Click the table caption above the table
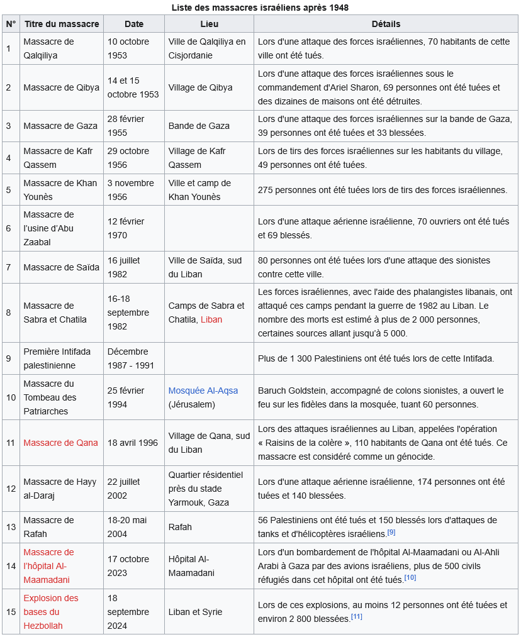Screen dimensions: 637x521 (x=260, y=8)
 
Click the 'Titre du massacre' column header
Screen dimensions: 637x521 (x=62, y=24)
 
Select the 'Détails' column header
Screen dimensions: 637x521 (x=386, y=24)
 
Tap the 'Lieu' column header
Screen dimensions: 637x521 (x=209, y=24)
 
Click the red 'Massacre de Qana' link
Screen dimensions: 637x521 (x=60, y=443)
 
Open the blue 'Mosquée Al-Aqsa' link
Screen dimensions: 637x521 (x=203, y=391)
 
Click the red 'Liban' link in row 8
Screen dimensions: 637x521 (x=211, y=319)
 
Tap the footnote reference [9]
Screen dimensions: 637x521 (x=391, y=533)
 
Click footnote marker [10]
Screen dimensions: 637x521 (x=410, y=577)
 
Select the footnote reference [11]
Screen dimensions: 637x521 (x=357, y=617)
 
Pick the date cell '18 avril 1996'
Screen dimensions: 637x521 (x=133, y=443)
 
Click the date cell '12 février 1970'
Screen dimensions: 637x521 (x=126, y=228)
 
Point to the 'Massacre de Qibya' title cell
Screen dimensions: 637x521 (x=61, y=87)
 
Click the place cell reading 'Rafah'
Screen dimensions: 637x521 (x=180, y=527)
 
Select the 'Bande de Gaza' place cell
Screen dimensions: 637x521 (x=199, y=126)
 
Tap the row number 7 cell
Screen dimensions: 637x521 (x=9, y=267)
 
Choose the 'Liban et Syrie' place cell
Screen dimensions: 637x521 (x=195, y=612)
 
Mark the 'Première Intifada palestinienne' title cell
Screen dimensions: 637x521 (x=57, y=358)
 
